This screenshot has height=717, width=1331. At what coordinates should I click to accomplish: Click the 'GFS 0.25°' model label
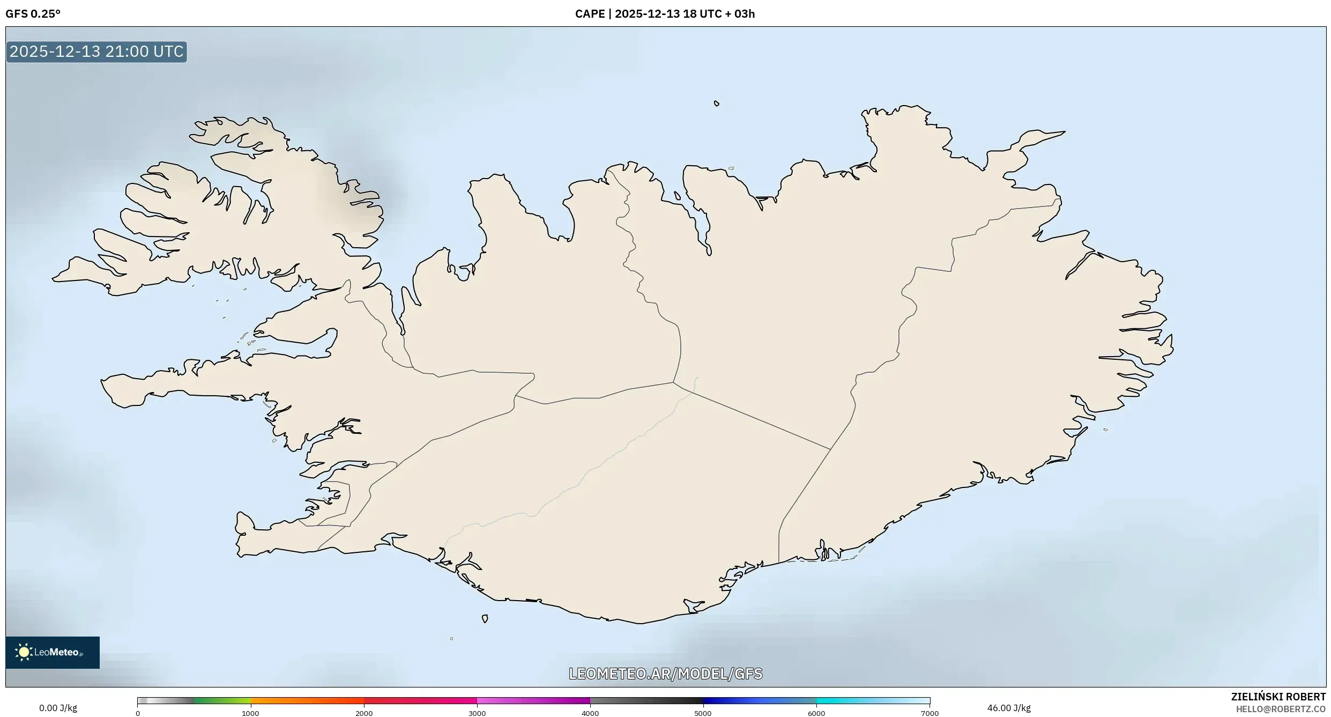click(x=33, y=14)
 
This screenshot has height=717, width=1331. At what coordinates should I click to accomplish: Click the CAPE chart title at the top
click(x=665, y=14)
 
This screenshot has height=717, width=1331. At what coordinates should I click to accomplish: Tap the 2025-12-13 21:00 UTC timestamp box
click(x=96, y=51)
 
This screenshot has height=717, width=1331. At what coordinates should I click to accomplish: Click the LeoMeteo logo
click(x=53, y=652)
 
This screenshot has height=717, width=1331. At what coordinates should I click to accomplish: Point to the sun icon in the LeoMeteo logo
click(x=24, y=652)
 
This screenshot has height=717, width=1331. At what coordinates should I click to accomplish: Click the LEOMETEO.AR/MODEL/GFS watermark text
click(x=665, y=674)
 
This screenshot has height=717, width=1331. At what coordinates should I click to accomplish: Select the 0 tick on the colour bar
click(x=138, y=713)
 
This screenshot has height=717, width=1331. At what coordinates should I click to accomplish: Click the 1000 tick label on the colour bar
click(x=250, y=713)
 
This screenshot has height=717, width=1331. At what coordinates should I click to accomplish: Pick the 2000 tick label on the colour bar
click(x=364, y=713)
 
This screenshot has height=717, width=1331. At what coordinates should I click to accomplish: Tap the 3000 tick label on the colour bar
click(x=477, y=713)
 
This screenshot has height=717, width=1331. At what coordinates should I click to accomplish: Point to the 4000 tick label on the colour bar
click(x=590, y=713)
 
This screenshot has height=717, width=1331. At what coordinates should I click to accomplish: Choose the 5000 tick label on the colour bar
click(x=703, y=713)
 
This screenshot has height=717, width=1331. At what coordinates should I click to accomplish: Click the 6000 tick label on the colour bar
click(x=816, y=713)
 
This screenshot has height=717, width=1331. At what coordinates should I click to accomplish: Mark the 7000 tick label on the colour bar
click(x=930, y=713)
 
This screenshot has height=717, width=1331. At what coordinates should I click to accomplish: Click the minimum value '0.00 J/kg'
click(x=58, y=708)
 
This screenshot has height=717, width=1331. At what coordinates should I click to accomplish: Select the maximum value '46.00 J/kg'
click(x=1009, y=708)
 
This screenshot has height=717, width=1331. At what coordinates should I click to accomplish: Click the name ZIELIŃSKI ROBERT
click(x=1278, y=697)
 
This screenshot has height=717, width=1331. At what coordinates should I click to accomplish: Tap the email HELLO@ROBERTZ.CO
click(x=1281, y=709)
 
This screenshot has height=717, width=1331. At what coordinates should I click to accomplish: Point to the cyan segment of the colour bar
click(x=847, y=700)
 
